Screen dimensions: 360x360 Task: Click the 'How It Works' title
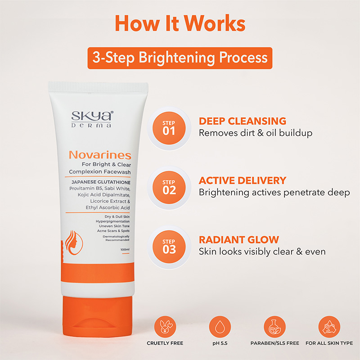(x=180, y=23)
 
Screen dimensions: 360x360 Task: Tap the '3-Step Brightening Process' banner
(x=180, y=58)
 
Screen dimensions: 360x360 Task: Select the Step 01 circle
(x=169, y=128)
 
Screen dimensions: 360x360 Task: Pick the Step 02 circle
(x=169, y=187)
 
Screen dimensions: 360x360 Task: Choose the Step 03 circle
(x=169, y=247)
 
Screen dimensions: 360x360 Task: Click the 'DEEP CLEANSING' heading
(x=243, y=121)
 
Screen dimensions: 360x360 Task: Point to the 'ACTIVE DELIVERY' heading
(x=243, y=180)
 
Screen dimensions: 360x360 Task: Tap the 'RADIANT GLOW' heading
(x=239, y=240)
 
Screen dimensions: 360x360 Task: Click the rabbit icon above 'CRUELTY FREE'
(x=165, y=327)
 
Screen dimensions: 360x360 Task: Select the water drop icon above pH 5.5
(x=220, y=327)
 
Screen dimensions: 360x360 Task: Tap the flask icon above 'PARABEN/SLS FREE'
(x=274, y=327)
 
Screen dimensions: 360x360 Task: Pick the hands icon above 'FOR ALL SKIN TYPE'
(x=329, y=327)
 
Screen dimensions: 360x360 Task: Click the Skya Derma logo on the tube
(x=92, y=119)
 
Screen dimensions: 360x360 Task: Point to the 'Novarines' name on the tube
(x=100, y=155)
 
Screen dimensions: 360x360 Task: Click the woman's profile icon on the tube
(x=74, y=243)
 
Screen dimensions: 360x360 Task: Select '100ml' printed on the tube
(x=125, y=249)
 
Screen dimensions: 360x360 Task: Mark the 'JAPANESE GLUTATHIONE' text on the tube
(x=101, y=182)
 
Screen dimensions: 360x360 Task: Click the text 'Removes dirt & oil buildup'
(x=256, y=133)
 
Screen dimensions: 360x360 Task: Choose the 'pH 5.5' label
(x=220, y=343)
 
